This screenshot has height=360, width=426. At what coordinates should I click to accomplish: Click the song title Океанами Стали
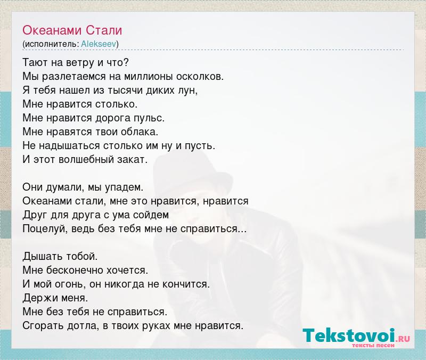tap(72, 30)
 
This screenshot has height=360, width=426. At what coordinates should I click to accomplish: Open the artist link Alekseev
tap(99, 44)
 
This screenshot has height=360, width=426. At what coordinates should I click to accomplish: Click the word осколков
tap(200, 77)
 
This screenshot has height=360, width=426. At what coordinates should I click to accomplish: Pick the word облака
tap(140, 132)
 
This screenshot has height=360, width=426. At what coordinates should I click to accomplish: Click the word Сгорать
tap(43, 326)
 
